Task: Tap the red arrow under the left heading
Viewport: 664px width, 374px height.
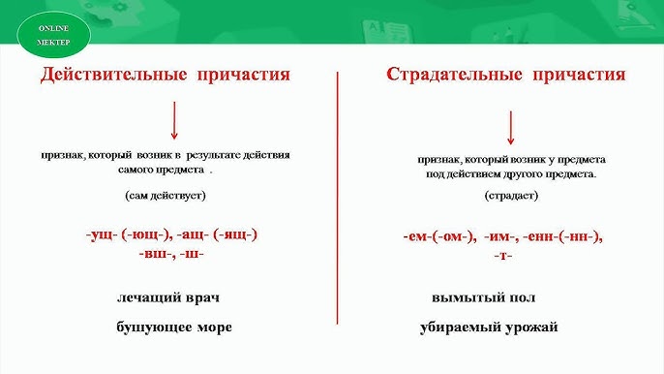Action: pyautogui.click(x=173, y=120)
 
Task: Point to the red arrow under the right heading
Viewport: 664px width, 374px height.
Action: pyautogui.click(x=510, y=127)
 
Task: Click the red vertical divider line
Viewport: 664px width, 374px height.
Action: pyautogui.click(x=337, y=194)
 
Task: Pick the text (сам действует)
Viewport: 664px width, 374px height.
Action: pyautogui.click(x=165, y=196)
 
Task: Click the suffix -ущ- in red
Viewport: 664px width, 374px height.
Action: pyautogui.click(x=102, y=234)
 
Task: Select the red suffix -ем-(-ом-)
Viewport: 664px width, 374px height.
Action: pyautogui.click(x=437, y=235)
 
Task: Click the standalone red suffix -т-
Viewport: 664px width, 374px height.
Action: pyautogui.click(x=502, y=255)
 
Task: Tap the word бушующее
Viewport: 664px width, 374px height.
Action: pyautogui.click(x=153, y=327)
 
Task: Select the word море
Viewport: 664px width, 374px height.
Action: pyautogui.click(x=212, y=327)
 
